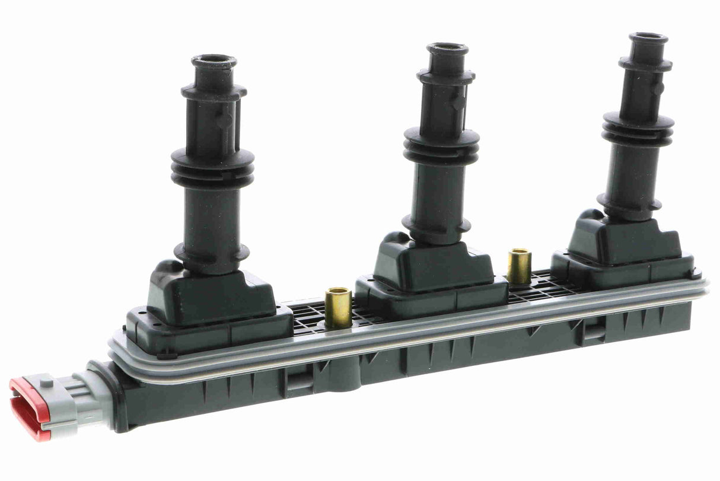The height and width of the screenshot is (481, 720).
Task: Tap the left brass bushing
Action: [x=338, y=307]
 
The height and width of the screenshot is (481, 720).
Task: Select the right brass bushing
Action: [x=519, y=267]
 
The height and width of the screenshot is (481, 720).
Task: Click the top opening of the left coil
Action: [x=214, y=60]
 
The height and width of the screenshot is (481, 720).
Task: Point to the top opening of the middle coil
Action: [x=447, y=49]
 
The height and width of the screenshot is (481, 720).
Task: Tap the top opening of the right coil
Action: [x=648, y=37]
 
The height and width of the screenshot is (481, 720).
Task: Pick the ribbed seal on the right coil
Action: [x=638, y=129]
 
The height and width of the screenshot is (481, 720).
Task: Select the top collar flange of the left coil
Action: [x=214, y=92]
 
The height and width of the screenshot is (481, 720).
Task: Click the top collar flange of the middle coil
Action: [x=445, y=77]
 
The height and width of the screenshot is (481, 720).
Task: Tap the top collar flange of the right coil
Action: [x=645, y=63]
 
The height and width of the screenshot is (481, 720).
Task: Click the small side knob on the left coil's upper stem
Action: [x=224, y=120]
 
